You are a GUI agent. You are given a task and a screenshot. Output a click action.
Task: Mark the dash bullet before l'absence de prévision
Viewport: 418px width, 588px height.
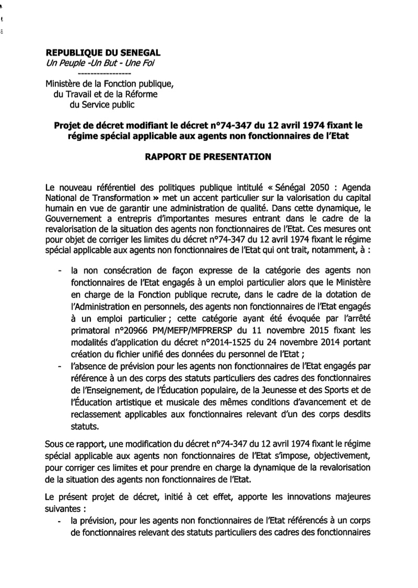tap(57, 367)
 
